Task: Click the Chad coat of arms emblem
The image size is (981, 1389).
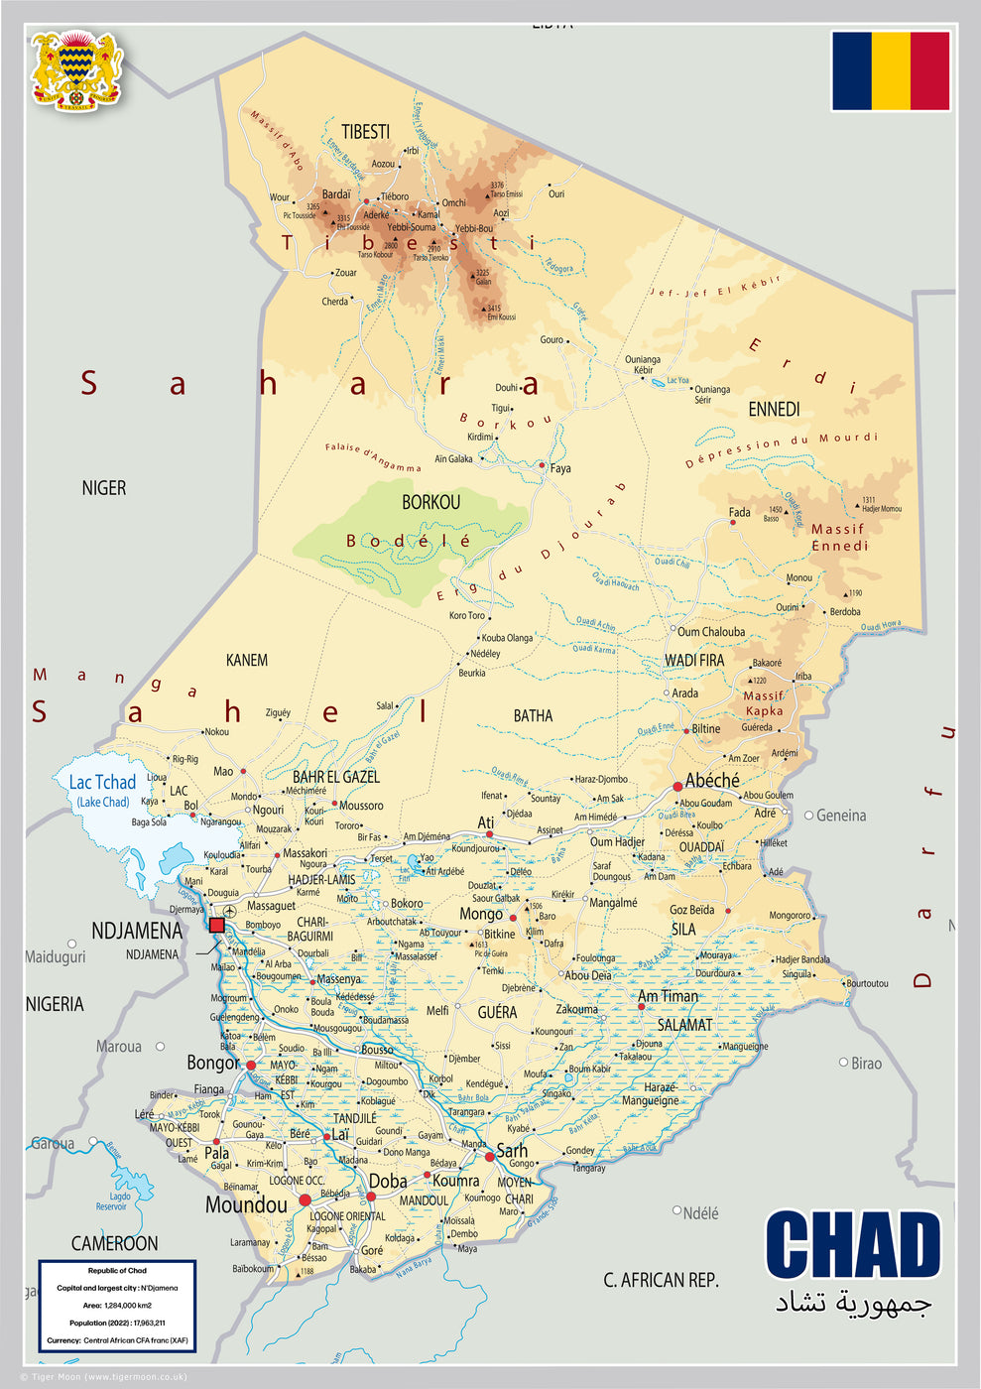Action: (77, 69)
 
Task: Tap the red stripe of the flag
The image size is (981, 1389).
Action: (929, 70)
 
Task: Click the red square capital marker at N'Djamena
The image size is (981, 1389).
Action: (217, 925)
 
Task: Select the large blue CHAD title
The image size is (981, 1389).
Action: (852, 1246)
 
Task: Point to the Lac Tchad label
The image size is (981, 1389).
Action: (102, 783)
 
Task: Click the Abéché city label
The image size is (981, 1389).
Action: (712, 781)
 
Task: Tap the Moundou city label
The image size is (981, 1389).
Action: (246, 1204)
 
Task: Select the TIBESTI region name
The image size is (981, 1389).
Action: (365, 132)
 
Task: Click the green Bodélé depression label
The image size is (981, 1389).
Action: (408, 541)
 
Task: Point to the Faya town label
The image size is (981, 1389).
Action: (560, 468)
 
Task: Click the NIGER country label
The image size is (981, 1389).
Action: (104, 488)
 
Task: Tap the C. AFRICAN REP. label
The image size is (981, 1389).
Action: (661, 1280)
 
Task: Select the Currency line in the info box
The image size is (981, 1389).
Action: (117, 1340)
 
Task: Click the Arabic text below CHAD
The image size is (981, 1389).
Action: (853, 1303)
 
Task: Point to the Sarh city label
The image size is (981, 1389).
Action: (512, 1151)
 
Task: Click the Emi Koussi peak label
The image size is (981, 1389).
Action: (501, 317)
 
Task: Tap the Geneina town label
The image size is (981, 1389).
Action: (841, 816)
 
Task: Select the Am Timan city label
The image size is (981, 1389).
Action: (668, 996)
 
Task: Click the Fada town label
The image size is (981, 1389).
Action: (740, 512)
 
